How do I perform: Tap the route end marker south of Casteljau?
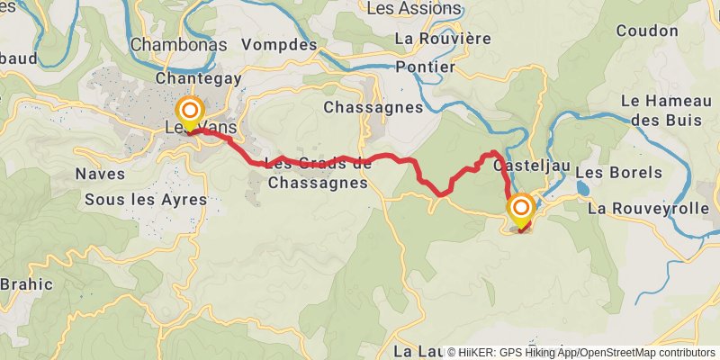(520, 211)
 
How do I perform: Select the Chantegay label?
(199, 79)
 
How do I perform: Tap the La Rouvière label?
(443, 39)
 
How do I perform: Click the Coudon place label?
(647, 31)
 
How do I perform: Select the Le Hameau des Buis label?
(665, 109)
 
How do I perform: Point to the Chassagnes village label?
(373, 107)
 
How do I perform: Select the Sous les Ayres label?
(145, 199)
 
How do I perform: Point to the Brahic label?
(25, 284)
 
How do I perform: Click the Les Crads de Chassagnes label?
(319, 172)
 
